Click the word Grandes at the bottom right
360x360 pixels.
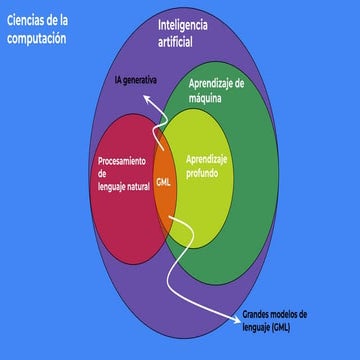tap(262, 314)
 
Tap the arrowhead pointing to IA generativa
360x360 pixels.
tap(145, 97)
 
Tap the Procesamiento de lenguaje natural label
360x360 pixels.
tap(125, 173)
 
